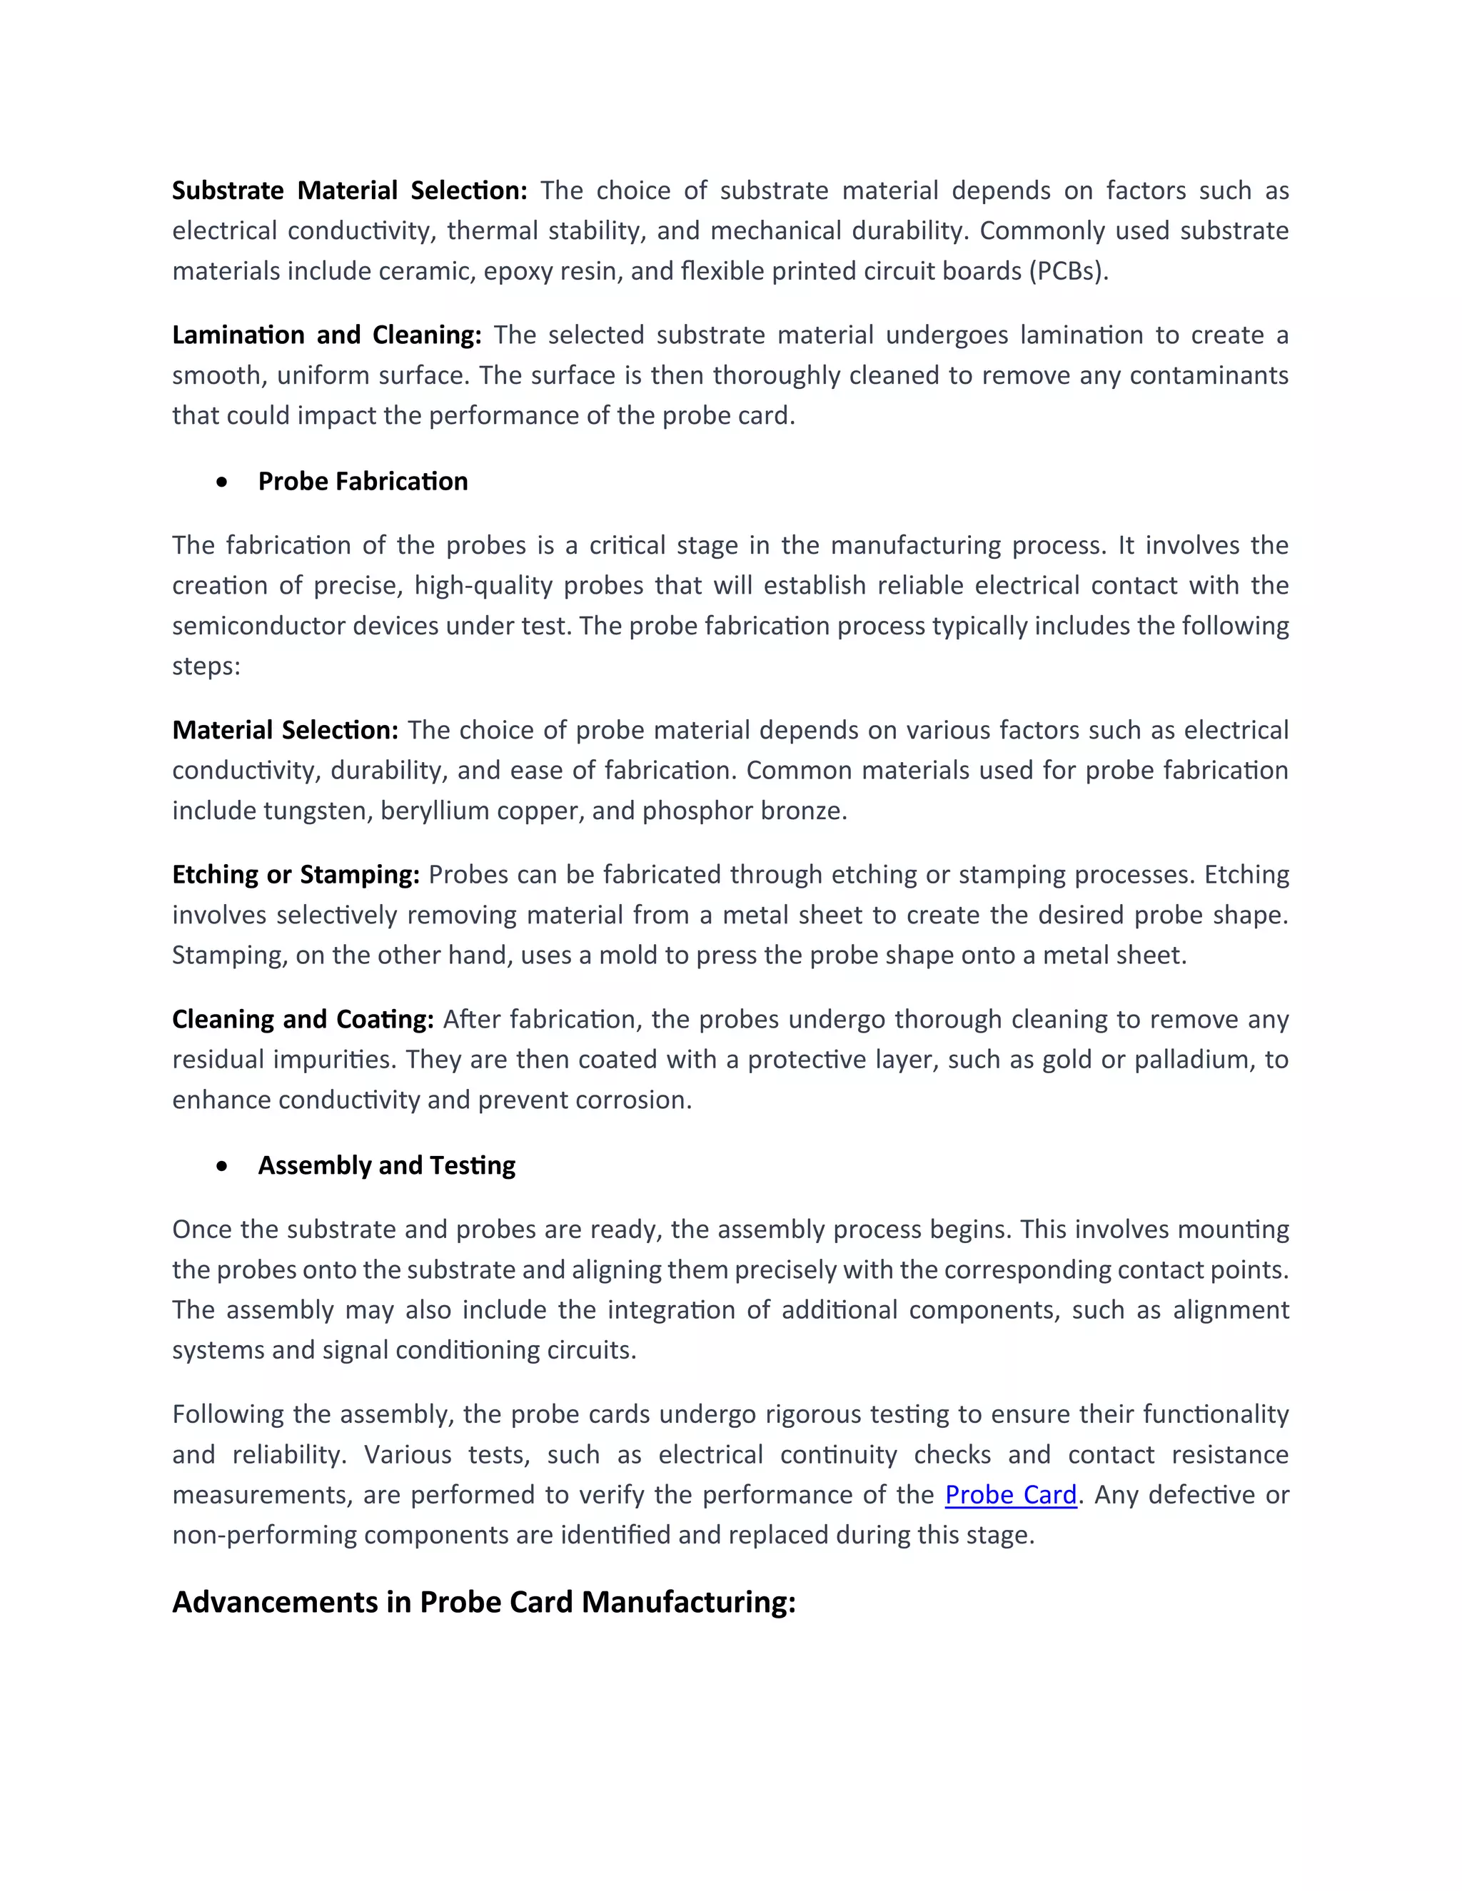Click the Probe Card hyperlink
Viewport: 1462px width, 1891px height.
click(x=1010, y=1494)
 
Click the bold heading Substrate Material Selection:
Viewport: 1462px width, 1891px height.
click(x=349, y=191)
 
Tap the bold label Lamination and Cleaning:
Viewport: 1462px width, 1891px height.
click(x=326, y=335)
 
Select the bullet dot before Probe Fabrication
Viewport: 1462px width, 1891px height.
click(x=223, y=482)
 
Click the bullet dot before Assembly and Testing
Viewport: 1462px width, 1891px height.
click(x=223, y=1166)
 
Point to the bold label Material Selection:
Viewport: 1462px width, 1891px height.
click(x=285, y=730)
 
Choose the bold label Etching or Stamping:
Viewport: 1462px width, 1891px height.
click(x=296, y=875)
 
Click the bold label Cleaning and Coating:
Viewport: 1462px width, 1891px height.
click(x=302, y=1019)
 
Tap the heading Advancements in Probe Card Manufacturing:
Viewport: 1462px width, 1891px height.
click(x=483, y=1602)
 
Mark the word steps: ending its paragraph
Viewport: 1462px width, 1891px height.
click(x=206, y=666)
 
